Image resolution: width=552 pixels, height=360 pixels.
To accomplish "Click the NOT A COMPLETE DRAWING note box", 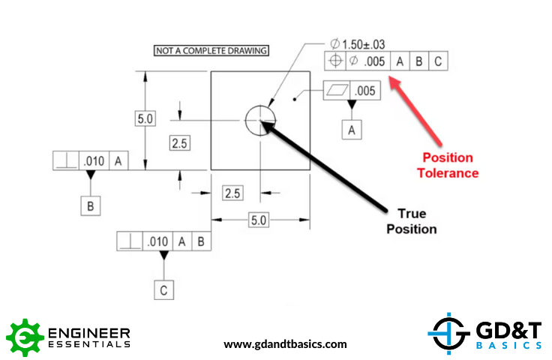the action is point(211,51).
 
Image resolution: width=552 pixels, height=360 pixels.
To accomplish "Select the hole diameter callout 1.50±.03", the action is point(357,44).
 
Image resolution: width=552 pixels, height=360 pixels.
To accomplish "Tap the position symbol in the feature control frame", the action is point(335,61).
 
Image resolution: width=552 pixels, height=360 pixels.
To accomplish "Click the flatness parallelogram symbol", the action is point(337,91).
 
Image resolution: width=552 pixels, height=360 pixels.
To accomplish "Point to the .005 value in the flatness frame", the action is point(365,91).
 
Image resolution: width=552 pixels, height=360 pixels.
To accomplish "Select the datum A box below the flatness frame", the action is point(352,130).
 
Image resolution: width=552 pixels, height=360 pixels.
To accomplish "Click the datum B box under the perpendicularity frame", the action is point(91,205).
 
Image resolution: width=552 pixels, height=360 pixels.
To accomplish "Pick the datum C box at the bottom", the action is point(163,290).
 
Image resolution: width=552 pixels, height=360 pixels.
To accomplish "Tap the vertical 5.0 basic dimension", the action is point(145,118).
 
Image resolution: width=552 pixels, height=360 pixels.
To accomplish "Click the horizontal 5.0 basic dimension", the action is point(259,220).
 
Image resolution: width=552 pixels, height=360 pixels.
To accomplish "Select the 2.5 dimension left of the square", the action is point(179,142).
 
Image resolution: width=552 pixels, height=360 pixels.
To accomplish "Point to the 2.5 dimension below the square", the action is point(232,193).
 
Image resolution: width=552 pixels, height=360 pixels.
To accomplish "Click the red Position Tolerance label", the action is point(448,166).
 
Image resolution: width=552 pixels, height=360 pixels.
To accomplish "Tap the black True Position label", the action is point(412,221).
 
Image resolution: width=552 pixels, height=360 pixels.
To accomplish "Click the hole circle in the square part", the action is point(260,120).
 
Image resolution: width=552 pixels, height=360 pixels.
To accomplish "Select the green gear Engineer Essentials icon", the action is point(25,337).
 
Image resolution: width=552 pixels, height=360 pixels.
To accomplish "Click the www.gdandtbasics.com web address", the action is point(285,343).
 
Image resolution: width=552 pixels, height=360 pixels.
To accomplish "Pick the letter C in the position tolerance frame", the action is point(438,61).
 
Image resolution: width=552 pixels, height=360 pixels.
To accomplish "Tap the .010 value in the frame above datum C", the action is point(157,241).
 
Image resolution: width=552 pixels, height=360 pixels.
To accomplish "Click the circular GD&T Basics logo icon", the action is point(448,333).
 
